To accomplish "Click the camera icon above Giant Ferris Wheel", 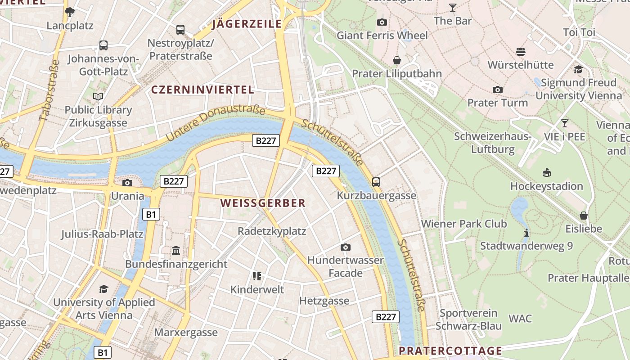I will pos(382,22).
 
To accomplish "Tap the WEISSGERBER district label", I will pos(263,203).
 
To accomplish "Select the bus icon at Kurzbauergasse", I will pos(376,182).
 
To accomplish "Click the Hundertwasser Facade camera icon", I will pos(345,247).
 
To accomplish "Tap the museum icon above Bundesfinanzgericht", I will pos(176,250).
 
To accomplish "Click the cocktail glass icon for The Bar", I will pos(452,8).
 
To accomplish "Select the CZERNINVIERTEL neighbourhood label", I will pos(202,90).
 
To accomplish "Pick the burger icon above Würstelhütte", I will pos(521,51).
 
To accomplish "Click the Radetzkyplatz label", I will pos(272,231).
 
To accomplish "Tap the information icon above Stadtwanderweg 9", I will pos(526,233).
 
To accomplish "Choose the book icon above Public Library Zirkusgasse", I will pos(98,96).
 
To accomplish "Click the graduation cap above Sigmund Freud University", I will pos(578,69).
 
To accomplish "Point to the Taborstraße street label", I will pos(49,90).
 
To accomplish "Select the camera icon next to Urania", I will pos(127,183).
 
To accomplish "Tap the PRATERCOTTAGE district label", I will pos(450,351).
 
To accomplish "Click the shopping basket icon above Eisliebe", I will pos(584,216).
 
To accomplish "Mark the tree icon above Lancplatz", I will pos(70,12).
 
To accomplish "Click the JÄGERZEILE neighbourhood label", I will pos(247,24).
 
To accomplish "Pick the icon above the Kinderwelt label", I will pos(257,276).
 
